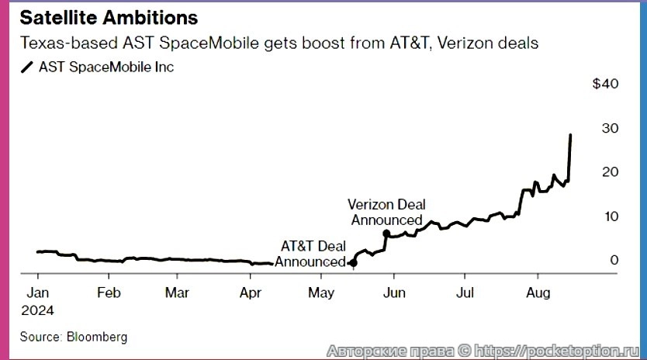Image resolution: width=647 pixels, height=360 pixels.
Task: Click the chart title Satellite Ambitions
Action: (109, 16)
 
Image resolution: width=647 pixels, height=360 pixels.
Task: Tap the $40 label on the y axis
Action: (605, 84)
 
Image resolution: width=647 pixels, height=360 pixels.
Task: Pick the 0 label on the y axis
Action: (614, 260)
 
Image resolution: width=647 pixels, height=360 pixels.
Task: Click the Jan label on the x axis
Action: (38, 292)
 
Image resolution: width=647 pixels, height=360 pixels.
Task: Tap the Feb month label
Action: (109, 292)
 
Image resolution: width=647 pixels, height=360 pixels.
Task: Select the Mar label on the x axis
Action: (178, 292)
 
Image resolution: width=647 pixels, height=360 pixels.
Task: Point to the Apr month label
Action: (250, 292)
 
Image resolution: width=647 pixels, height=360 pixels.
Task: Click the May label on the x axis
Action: (321, 292)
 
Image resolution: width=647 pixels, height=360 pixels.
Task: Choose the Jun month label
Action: (394, 292)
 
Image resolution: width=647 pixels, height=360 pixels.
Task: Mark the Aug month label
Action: (537, 292)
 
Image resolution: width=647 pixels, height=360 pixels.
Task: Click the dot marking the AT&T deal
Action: (354, 263)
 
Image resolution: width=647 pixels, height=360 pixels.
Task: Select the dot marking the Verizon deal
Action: (386, 233)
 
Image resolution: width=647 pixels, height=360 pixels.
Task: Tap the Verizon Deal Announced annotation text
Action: (386, 212)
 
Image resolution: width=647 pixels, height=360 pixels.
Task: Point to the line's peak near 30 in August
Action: (571, 135)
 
